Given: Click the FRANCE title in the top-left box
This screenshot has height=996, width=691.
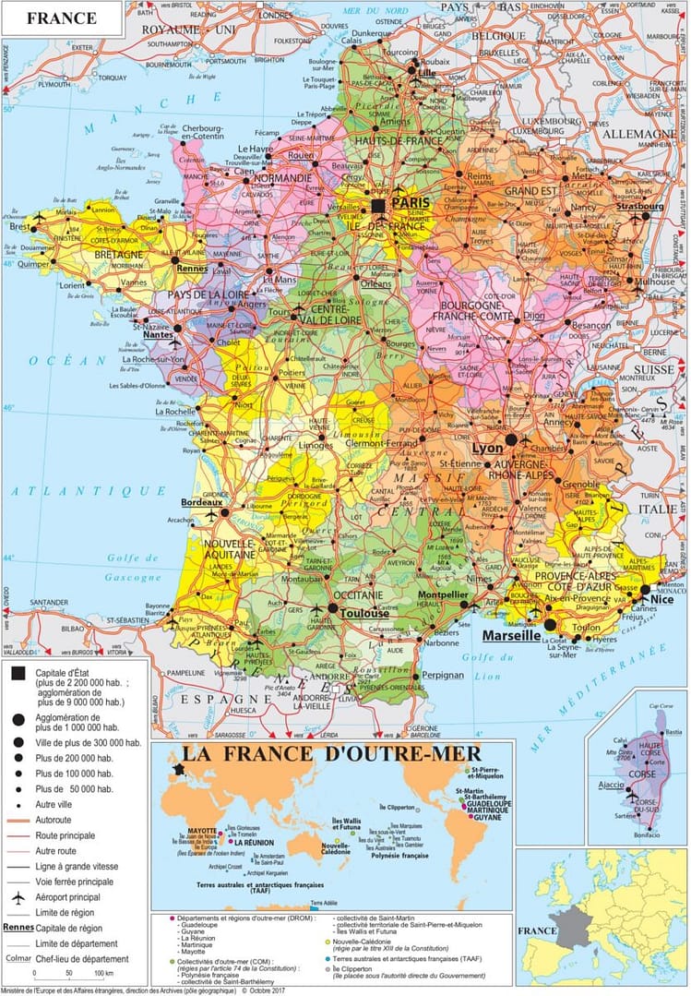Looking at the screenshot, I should [x=61, y=18].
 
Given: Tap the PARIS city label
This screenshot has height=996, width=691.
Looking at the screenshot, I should [x=415, y=201].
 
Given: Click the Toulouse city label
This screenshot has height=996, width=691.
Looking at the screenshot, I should [x=365, y=612].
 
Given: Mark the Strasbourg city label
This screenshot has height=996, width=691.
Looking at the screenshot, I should [x=637, y=206].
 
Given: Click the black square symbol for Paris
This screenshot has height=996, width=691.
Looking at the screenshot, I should [x=378, y=205].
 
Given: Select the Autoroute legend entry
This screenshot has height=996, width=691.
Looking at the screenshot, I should [x=57, y=820].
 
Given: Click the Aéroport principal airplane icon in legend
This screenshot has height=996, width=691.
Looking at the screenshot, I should [x=17, y=896].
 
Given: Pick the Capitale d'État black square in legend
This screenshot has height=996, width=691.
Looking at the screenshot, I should [x=17, y=673].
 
